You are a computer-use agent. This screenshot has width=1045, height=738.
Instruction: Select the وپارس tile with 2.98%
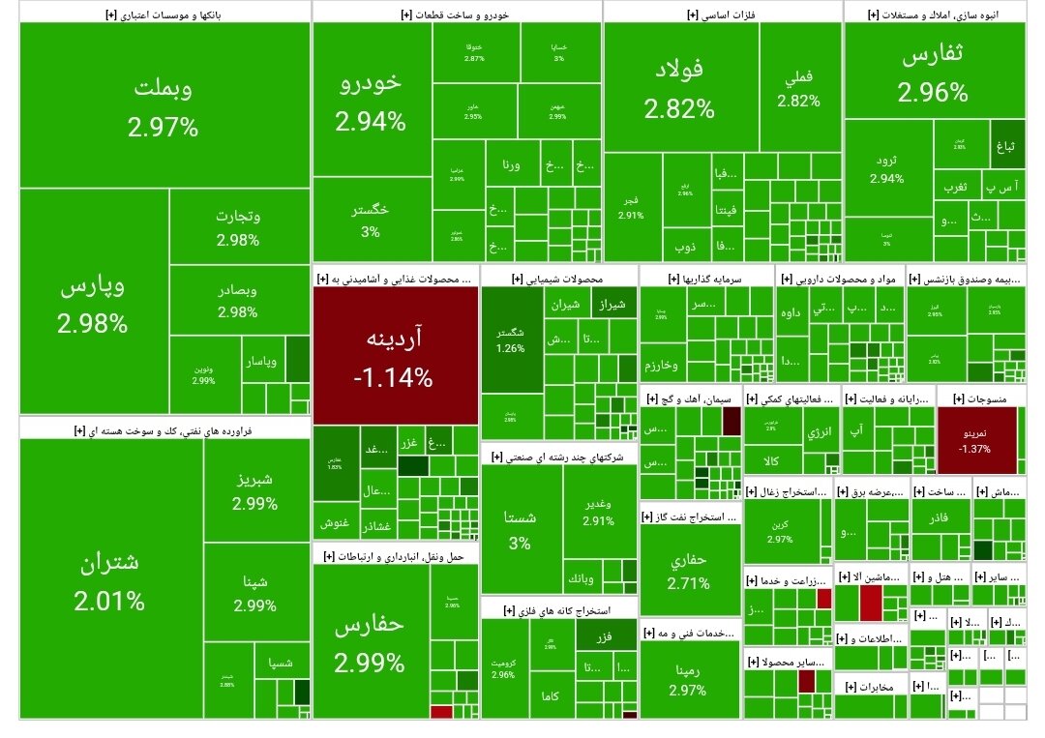[x=93, y=305]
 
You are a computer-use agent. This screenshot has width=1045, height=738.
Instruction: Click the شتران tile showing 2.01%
[x=109, y=580]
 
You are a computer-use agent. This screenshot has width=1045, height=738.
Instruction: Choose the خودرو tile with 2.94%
[x=371, y=102]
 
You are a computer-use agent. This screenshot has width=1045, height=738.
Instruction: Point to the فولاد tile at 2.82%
[x=679, y=87]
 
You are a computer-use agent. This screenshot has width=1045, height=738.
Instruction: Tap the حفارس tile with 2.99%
[x=370, y=643]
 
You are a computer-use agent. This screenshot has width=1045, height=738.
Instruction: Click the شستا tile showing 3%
[x=520, y=530]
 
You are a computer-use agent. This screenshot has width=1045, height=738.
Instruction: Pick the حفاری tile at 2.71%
[x=688, y=571]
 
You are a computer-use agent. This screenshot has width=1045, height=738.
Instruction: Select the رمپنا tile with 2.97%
[x=687, y=679]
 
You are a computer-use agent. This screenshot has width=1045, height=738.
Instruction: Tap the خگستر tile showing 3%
[x=371, y=220]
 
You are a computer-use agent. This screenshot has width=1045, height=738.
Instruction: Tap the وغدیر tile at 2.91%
[x=598, y=511]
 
